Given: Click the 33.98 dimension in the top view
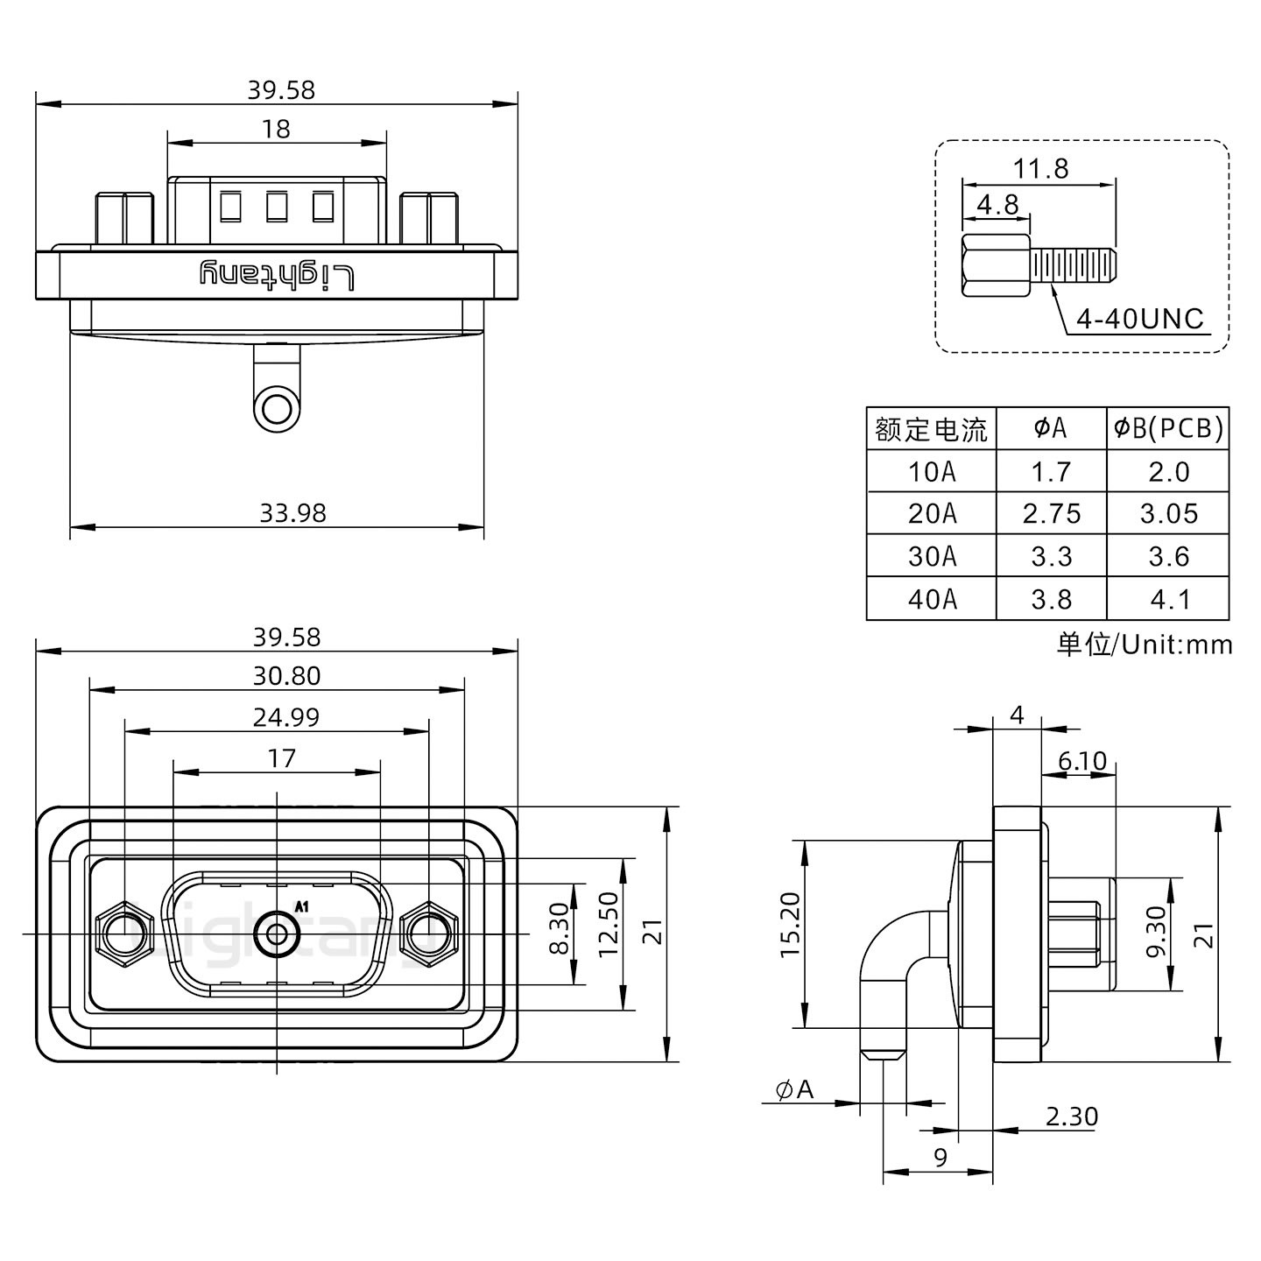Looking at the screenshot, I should [x=292, y=512].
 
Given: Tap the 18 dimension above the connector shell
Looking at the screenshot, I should [x=276, y=129].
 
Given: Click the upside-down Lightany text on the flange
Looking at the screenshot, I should [x=278, y=275].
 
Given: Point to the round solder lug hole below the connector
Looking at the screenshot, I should [x=277, y=409].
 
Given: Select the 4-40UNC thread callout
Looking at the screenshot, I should [x=1139, y=319].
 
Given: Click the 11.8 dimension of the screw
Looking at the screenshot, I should [x=1040, y=168].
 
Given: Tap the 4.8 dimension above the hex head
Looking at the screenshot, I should [x=997, y=204].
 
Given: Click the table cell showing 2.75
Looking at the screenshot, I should [x=1051, y=513].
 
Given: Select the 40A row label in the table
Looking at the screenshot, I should [x=932, y=599].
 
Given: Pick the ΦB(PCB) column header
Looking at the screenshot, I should [x=1168, y=428].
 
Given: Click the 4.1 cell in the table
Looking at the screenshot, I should [x=1168, y=599].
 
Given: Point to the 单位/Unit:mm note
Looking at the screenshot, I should [x=1144, y=645].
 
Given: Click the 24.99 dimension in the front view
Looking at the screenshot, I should [x=285, y=717].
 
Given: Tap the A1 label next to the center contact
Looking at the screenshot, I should [x=302, y=907].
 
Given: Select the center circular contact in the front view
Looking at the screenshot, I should [x=277, y=934].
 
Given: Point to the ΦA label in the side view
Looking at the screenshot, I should [x=794, y=1089].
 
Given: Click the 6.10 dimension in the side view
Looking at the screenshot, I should [x=1081, y=761].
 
